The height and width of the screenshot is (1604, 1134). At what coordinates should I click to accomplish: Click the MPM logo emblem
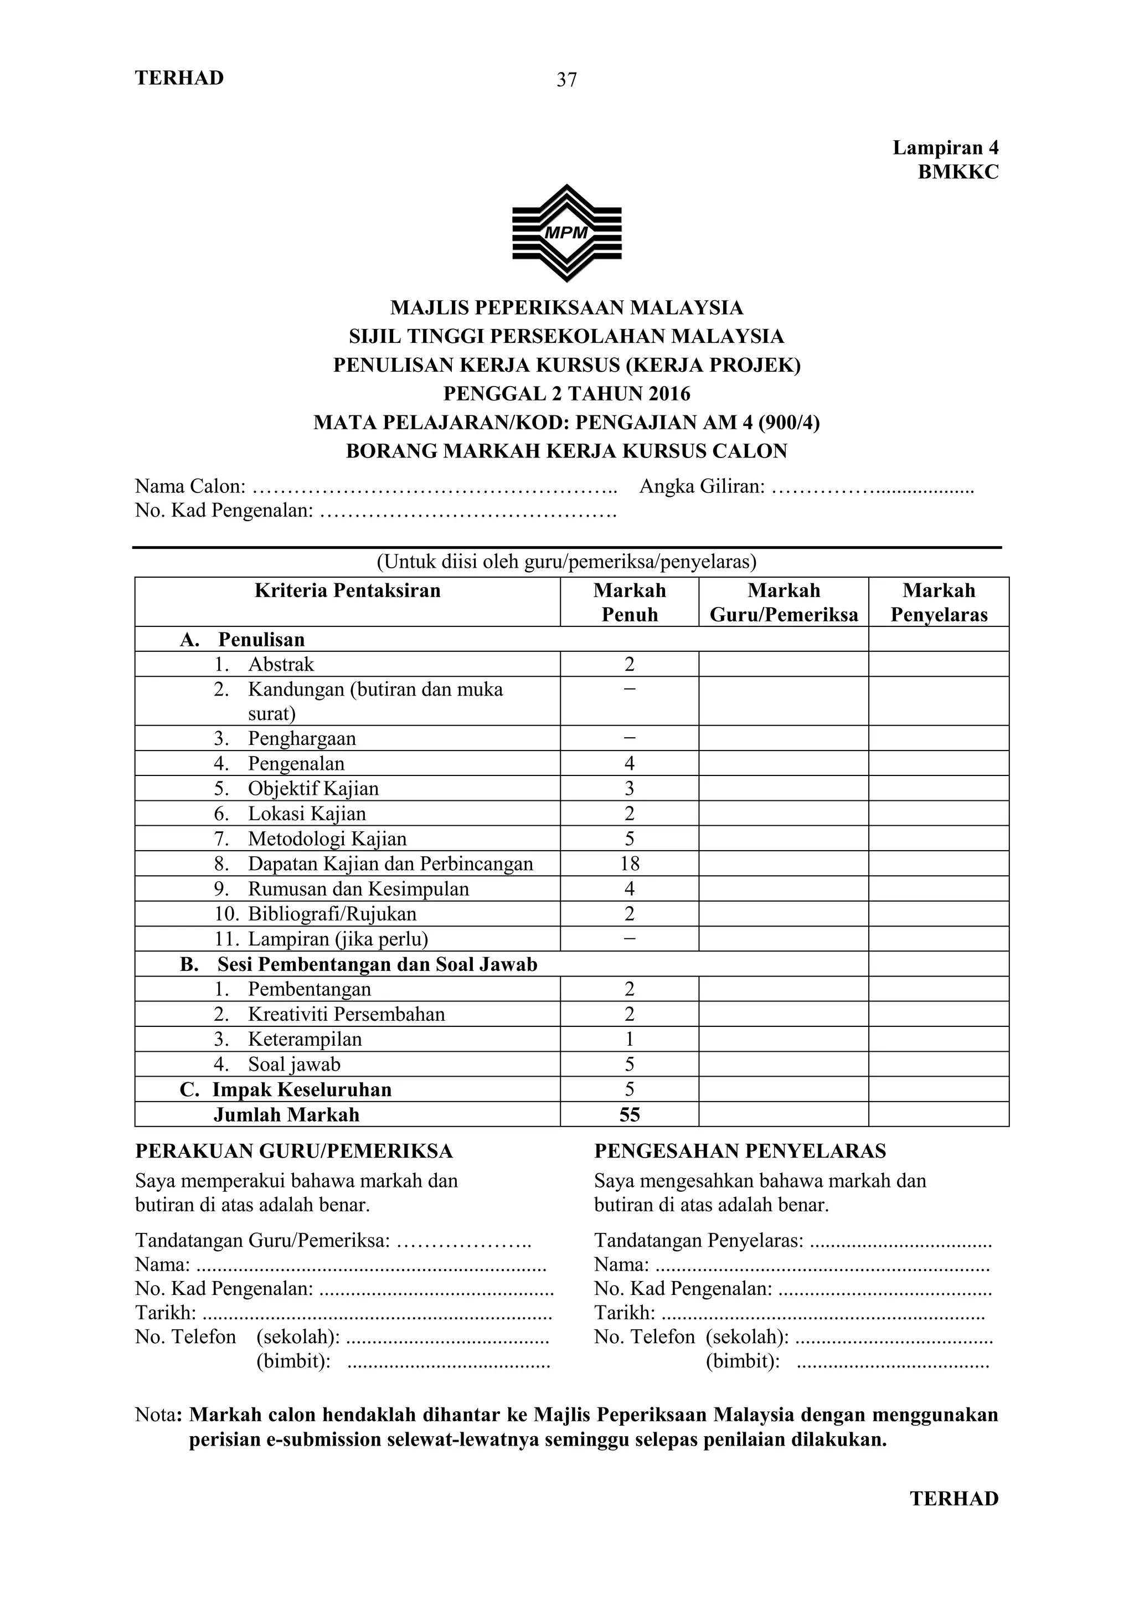(x=566, y=233)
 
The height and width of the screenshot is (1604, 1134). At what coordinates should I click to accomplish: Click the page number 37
(x=566, y=80)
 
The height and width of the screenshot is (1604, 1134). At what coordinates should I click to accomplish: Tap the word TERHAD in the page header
(x=179, y=78)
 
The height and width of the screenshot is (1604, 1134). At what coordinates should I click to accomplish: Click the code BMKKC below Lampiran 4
(x=957, y=172)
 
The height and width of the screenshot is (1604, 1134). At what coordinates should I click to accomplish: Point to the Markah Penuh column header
(x=629, y=601)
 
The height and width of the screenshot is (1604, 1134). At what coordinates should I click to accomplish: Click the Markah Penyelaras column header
(x=939, y=601)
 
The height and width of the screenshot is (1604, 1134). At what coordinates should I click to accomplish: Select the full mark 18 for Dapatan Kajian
(x=629, y=863)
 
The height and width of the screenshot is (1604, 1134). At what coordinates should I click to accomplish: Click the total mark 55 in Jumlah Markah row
(x=629, y=1114)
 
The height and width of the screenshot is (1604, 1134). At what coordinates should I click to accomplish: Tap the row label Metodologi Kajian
(x=327, y=839)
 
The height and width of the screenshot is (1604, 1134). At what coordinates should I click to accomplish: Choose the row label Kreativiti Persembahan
(x=346, y=1014)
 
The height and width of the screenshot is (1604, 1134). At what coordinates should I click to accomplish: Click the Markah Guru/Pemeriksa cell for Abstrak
(x=783, y=664)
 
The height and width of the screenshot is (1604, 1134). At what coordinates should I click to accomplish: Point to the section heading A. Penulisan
(x=243, y=639)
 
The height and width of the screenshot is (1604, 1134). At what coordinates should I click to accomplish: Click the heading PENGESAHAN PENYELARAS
(x=739, y=1150)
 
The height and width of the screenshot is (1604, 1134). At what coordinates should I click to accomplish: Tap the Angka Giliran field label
(x=702, y=486)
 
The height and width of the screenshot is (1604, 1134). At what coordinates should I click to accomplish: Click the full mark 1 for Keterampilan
(x=629, y=1039)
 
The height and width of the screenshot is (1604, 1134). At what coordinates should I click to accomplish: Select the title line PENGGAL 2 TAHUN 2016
(x=566, y=394)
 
